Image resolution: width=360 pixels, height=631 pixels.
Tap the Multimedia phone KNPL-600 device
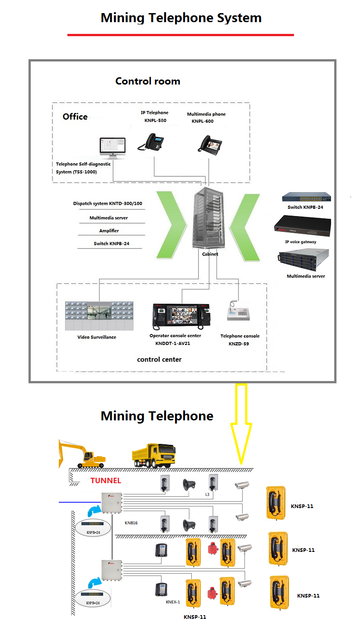208,143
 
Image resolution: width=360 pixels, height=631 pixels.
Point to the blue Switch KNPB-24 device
306,197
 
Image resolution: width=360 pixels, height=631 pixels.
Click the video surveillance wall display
99,315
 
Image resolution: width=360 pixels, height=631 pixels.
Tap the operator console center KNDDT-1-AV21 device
181,315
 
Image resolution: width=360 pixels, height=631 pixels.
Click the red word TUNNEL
105,480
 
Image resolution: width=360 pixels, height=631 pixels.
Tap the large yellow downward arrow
241,423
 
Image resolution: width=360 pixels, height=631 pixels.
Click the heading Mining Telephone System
181,18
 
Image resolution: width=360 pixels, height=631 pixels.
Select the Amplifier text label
109,231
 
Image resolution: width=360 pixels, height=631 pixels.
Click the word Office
75,117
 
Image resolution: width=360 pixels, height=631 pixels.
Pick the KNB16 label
131,523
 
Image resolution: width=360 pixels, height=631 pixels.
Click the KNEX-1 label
173,602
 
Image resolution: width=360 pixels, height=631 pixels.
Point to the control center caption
159,359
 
